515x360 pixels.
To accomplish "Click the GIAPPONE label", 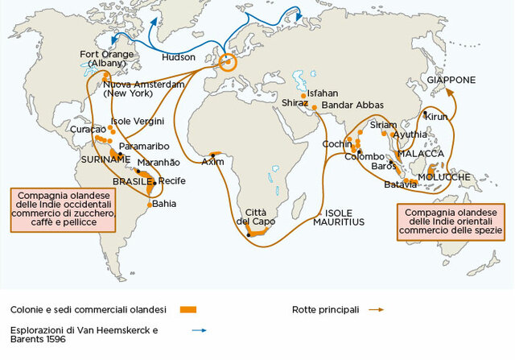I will click(x=451, y=81).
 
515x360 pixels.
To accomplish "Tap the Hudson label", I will click(x=178, y=59).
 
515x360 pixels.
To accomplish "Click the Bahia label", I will click(x=163, y=203).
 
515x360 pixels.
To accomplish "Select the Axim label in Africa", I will click(x=212, y=161).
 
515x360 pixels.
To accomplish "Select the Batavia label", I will click(x=401, y=184).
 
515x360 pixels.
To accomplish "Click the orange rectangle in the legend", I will click(x=188, y=309).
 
